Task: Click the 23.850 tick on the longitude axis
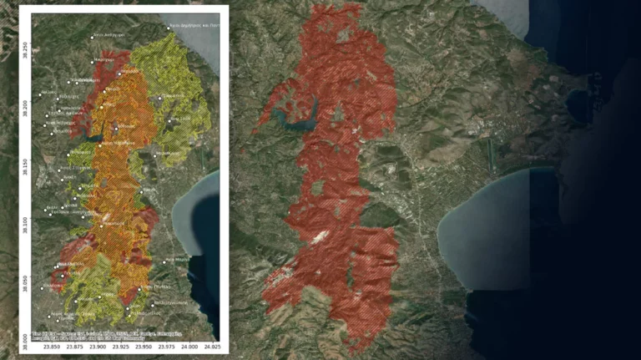[52, 346]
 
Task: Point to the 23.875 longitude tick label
[74, 346]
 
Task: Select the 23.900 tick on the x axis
[98, 346]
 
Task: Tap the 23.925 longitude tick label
[120, 346]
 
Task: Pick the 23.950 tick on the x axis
[144, 346]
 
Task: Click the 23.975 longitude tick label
[166, 346]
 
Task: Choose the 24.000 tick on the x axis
[189, 346]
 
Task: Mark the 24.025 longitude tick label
[212, 346]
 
